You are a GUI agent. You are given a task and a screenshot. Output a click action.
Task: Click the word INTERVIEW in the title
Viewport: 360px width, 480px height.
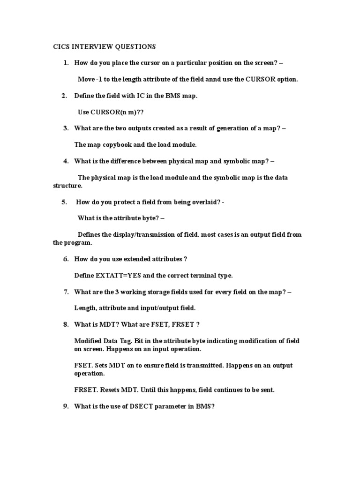coord(88,47)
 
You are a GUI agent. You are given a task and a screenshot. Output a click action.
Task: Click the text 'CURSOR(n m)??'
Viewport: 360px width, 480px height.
coord(105,112)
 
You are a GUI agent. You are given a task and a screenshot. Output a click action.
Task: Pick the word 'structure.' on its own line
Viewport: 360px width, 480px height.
coord(67,186)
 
